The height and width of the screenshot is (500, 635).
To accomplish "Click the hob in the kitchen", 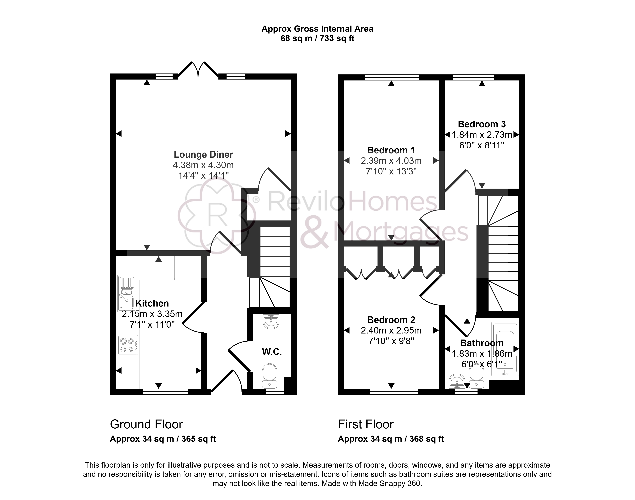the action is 128,345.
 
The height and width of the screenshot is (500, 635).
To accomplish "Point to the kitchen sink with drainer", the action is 127,293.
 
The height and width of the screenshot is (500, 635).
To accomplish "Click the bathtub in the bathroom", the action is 505,349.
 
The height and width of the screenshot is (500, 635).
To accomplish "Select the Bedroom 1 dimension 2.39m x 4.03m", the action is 391,161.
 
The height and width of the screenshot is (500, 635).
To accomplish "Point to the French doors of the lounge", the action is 198,70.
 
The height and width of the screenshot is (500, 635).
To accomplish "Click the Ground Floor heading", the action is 146,424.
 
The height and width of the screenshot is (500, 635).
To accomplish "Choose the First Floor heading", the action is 366,424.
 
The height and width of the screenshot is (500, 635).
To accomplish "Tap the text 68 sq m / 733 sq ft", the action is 317,38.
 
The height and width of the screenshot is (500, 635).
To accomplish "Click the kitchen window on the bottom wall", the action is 165,392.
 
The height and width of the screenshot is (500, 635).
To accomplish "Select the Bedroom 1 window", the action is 392,77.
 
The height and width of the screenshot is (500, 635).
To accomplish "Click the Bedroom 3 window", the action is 473,77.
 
